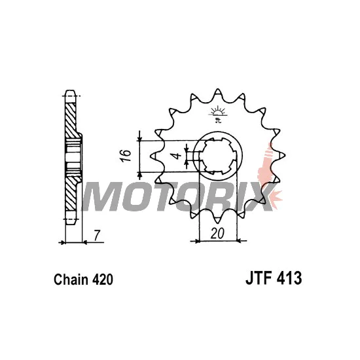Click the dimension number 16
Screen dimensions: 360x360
click(126, 156)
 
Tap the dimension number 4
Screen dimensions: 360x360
click(177, 156)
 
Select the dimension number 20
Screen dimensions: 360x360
click(217, 234)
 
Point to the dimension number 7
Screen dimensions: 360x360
click(97, 236)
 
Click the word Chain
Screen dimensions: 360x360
click(71, 279)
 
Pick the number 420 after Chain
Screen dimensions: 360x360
click(103, 279)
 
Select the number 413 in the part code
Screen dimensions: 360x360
click(290, 278)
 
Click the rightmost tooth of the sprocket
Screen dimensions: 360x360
click(281, 154)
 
